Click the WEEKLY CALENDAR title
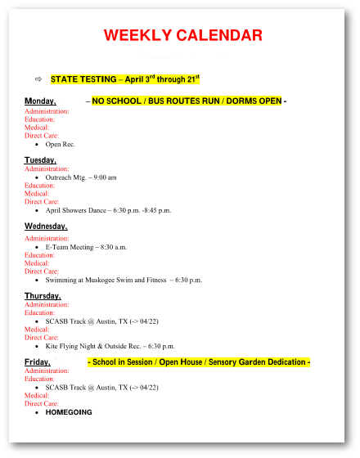point(182,35)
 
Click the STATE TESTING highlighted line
point(124,79)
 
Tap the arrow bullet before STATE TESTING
point(38,79)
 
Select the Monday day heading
point(40,101)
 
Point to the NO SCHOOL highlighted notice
point(187,101)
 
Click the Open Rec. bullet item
point(60,144)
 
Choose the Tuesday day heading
point(40,159)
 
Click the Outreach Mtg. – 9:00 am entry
point(80,177)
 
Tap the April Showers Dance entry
point(108,210)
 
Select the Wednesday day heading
point(46,226)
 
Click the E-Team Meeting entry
point(86,246)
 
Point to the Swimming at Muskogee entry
point(123,280)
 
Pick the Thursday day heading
point(43,295)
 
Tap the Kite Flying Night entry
point(110,346)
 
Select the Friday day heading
point(37,362)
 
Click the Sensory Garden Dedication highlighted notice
point(199,362)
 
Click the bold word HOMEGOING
point(69,412)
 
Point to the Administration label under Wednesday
point(47,238)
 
